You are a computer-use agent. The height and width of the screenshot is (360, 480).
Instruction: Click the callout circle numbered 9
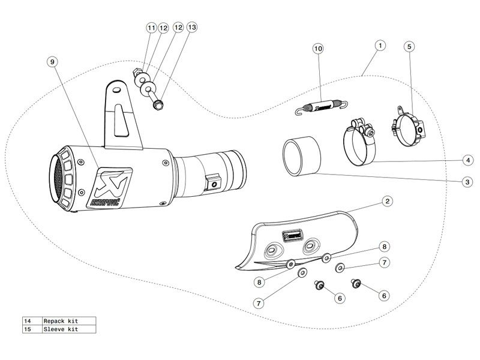point(52,62)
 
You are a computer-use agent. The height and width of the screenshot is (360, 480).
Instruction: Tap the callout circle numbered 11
point(152,28)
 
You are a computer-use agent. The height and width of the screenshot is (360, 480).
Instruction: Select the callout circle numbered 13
point(191,27)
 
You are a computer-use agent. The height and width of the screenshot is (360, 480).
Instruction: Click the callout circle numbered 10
point(319,49)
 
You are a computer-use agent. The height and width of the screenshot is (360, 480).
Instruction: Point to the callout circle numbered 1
point(380,46)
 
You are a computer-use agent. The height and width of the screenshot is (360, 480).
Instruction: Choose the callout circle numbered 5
point(409,47)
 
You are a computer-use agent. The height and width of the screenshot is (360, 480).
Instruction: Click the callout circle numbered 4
point(468,160)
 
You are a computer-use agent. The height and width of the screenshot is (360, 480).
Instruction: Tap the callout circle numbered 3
point(467,182)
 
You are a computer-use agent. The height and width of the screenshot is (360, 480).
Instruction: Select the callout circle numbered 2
point(387,201)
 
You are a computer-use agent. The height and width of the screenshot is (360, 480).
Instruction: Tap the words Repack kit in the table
point(61,321)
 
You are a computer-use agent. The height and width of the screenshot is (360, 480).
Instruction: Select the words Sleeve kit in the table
point(61,329)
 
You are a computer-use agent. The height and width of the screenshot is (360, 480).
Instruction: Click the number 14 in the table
point(28,321)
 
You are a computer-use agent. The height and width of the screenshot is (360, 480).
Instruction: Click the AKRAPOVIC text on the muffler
point(105,202)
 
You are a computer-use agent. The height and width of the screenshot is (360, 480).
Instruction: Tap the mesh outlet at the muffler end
point(56,178)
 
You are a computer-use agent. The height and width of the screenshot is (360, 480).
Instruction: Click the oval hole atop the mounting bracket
point(116,90)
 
